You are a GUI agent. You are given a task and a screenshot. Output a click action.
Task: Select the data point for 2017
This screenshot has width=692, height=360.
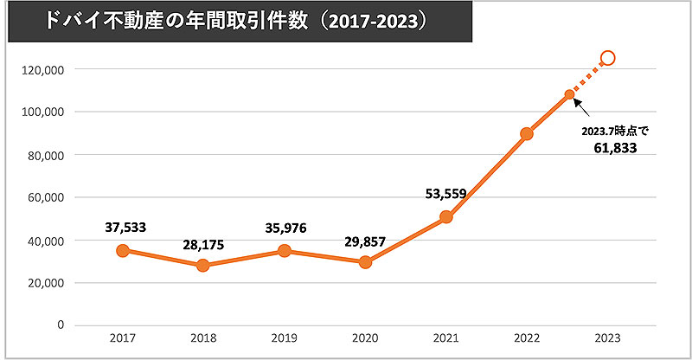123,251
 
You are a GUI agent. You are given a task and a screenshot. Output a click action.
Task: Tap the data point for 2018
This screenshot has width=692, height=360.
203,266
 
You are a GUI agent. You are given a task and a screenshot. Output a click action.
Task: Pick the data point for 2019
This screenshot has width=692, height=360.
285,251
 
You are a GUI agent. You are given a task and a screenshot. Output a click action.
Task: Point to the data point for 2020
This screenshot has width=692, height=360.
365,261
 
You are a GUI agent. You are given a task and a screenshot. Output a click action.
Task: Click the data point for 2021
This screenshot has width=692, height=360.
445,217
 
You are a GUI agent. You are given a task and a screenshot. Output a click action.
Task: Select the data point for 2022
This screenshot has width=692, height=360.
527,133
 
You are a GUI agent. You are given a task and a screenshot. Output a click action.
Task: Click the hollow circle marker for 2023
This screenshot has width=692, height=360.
607,58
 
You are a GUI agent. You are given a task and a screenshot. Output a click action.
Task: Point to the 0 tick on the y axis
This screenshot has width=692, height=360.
61,325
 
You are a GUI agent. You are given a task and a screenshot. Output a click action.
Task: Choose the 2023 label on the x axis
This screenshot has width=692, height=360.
607,340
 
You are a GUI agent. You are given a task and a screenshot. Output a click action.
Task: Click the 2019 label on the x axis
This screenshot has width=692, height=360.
285,340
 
